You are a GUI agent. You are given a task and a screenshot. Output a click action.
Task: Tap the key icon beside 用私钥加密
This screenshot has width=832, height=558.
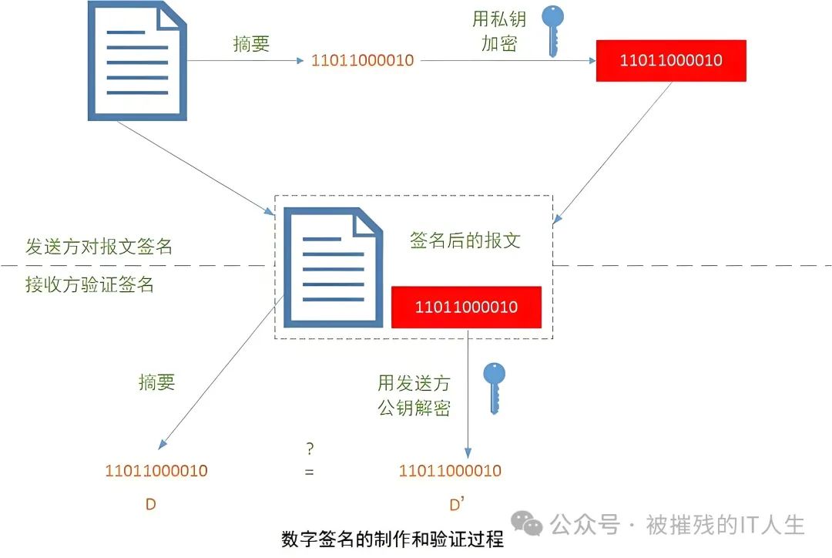552,30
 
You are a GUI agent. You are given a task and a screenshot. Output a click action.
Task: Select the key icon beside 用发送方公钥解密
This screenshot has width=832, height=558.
494,388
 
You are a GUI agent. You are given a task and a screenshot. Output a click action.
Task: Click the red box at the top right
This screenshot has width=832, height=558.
671,60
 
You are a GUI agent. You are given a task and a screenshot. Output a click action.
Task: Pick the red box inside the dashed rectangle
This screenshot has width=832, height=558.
466,308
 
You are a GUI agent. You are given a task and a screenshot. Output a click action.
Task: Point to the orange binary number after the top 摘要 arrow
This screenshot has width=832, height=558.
362,60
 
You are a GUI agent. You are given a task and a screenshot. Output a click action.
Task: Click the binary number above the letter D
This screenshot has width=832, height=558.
156,470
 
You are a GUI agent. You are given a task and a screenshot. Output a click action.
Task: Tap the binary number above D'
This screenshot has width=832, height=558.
450,470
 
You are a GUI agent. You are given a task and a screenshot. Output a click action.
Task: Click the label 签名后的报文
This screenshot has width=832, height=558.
465,240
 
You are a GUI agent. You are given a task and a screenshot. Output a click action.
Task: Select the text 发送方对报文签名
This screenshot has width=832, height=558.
99,247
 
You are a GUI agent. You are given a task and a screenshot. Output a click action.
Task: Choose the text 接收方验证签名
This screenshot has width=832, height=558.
89,284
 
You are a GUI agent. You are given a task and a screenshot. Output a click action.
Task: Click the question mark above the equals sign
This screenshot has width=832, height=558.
310,449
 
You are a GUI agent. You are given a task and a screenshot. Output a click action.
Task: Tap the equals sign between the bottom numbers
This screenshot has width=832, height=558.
309,472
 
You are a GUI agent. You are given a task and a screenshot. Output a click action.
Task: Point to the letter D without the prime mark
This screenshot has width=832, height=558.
151,505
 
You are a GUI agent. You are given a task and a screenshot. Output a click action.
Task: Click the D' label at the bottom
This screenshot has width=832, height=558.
456,505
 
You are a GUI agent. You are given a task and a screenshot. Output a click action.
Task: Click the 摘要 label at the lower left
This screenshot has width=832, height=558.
156,382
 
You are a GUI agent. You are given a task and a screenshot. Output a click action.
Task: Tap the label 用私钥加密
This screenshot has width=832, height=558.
499,32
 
